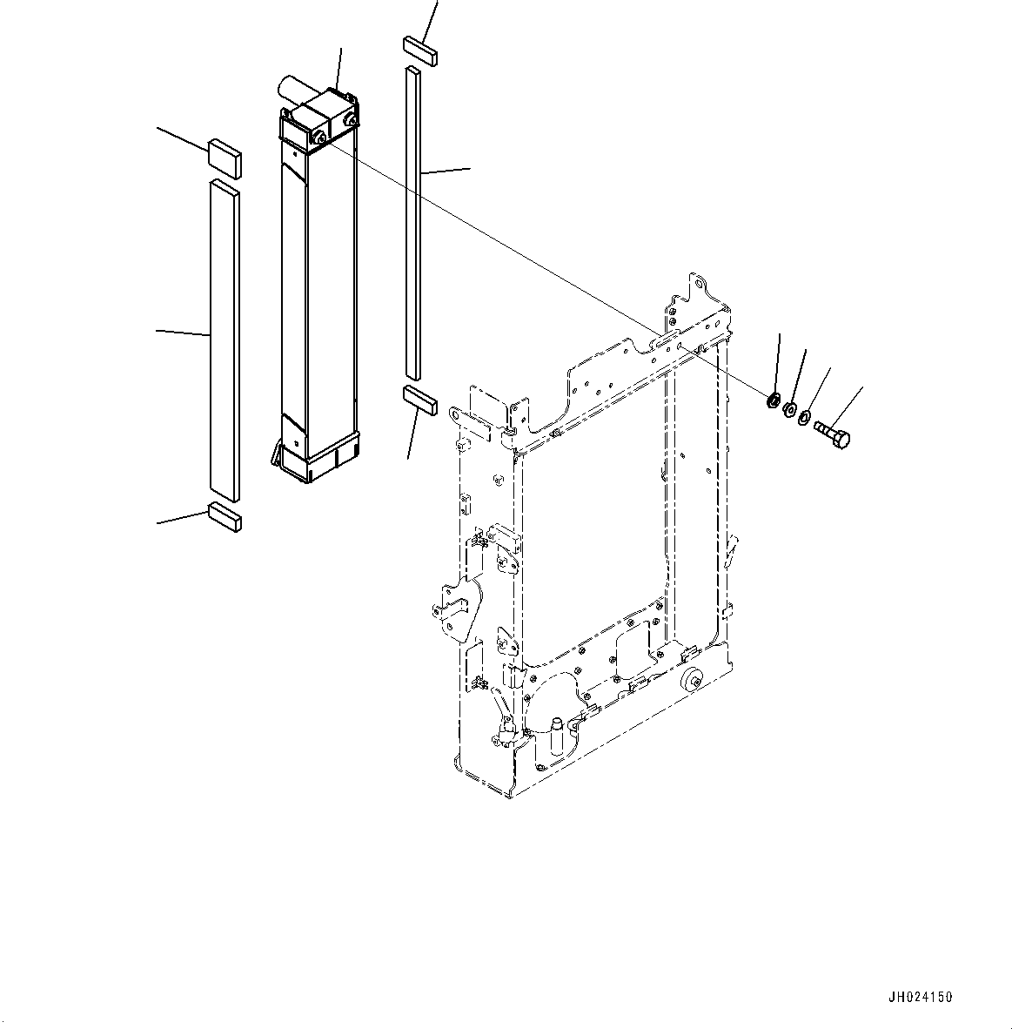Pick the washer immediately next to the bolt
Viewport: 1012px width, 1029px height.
805,419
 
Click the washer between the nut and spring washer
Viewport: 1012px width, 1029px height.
789,408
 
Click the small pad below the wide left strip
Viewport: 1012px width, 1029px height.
225,515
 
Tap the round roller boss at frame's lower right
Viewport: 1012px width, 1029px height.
694,682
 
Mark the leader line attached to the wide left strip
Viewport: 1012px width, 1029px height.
183,333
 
